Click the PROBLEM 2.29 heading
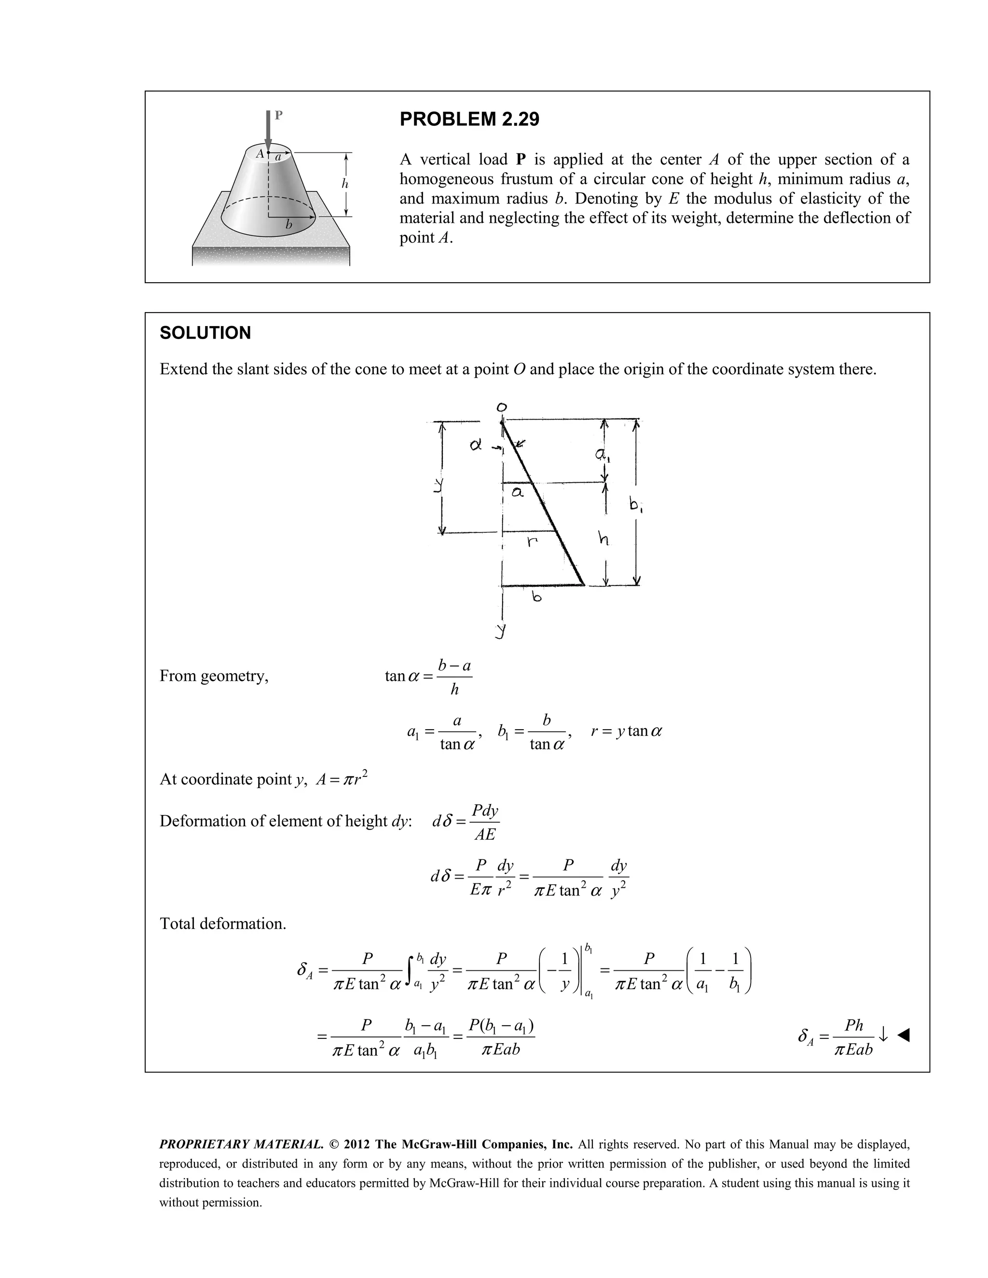[469, 120]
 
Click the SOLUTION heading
[205, 333]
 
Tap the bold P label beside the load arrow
[279, 115]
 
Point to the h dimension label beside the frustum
[345, 184]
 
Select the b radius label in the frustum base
[288, 225]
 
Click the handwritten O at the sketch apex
[502, 407]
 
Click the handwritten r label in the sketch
[531, 542]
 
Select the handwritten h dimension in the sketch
[603, 538]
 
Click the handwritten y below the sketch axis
[500, 630]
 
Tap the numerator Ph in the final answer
[854, 1025]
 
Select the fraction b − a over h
[454, 677]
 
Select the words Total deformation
[223, 924]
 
